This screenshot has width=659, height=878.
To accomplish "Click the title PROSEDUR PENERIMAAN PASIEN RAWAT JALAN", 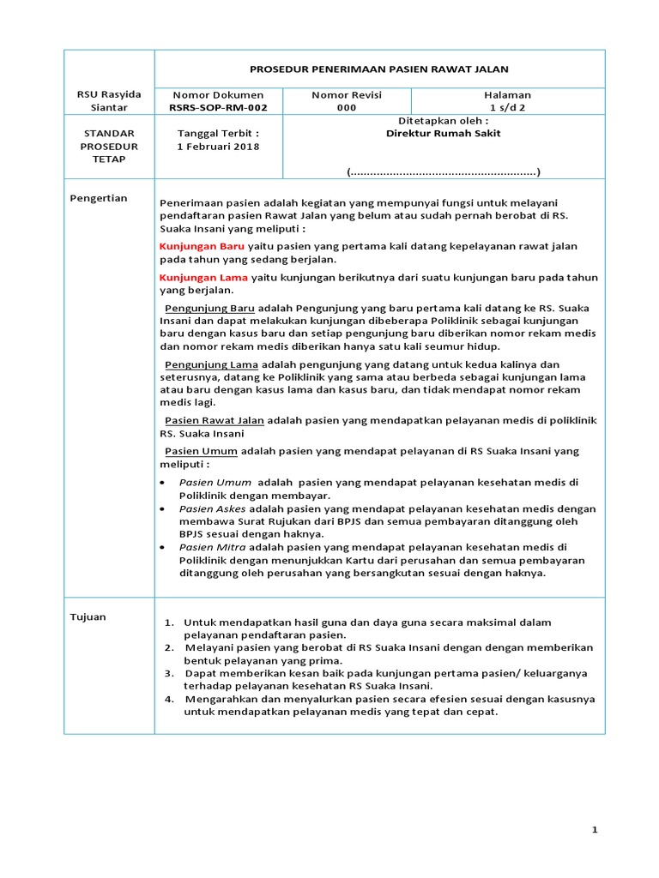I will pyautogui.click(x=378, y=69).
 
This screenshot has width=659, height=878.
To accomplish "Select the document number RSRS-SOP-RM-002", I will pyautogui.click(x=217, y=107).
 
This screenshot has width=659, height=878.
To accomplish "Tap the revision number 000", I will pyautogui.click(x=346, y=107).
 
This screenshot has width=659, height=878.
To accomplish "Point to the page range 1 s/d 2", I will pyautogui.click(x=507, y=107).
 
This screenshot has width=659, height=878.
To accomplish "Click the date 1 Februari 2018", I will pyautogui.click(x=217, y=146).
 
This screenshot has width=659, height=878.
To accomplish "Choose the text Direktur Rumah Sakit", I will pyautogui.click(x=443, y=134).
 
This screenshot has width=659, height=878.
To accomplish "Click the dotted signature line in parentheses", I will pyautogui.click(x=443, y=172).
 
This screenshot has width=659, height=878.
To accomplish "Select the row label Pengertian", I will pyautogui.click(x=98, y=198).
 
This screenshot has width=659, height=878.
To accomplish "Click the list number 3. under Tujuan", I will pyautogui.click(x=169, y=673).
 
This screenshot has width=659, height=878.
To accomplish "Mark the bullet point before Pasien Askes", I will pyautogui.click(x=164, y=508).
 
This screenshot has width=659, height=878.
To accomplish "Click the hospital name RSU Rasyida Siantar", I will pyautogui.click(x=109, y=100).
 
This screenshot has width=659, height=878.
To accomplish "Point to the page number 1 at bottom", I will pyautogui.click(x=594, y=830).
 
